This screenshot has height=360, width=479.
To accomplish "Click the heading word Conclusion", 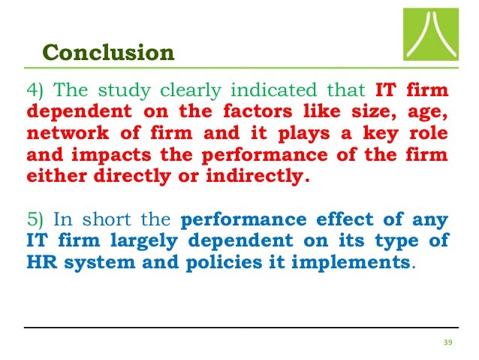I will pos(109,53).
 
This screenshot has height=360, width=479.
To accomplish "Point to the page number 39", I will pos(449,342).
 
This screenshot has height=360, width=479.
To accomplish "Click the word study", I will pos(134,92).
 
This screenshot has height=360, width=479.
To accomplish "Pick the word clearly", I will pos(202,92).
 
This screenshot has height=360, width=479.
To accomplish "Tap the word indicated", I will pos(289,92).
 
